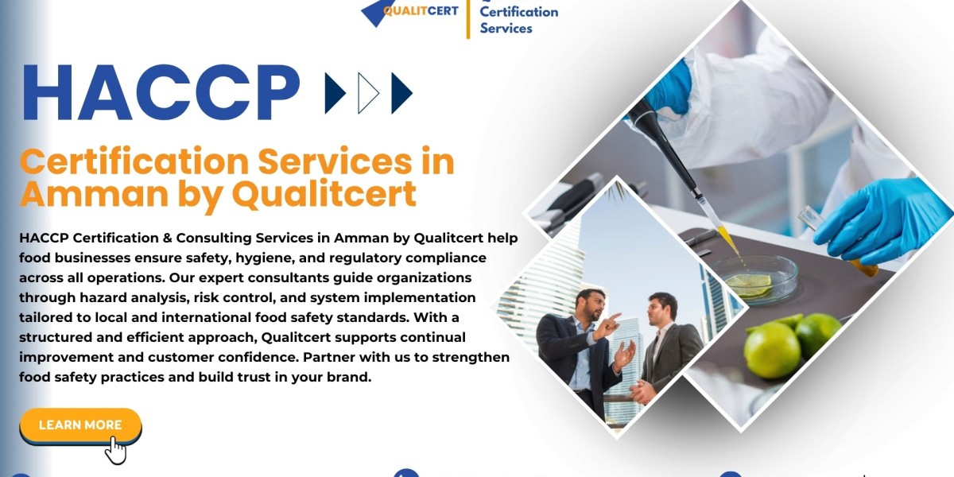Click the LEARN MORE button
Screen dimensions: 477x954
tap(79, 425)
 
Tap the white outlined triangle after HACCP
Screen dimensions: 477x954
tap(368, 93)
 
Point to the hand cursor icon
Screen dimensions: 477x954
tap(116, 450)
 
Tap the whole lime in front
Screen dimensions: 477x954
tap(771, 350)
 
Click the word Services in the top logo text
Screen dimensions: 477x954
tap(506, 28)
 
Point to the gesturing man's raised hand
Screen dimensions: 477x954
tap(610, 324)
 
